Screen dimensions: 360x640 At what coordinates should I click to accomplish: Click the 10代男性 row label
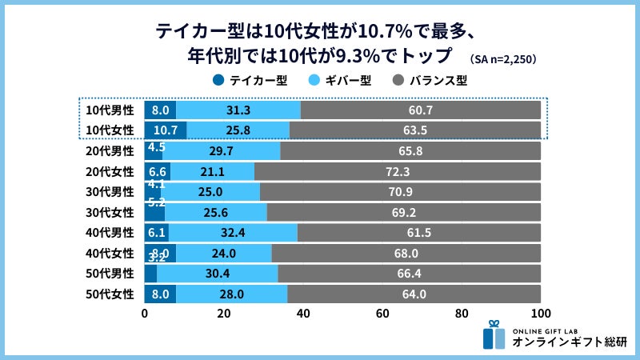click(x=110, y=110)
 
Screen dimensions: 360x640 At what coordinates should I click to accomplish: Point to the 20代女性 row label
click(x=110, y=171)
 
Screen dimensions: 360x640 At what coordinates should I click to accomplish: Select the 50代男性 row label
click(x=110, y=273)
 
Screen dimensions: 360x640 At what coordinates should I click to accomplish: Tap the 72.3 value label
click(x=398, y=171)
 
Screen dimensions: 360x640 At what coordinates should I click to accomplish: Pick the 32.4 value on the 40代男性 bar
click(x=232, y=232)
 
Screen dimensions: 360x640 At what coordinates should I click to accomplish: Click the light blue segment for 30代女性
click(x=216, y=212)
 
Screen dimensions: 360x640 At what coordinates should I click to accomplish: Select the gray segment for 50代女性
click(x=414, y=294)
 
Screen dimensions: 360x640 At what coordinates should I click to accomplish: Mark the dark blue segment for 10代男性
click(x=160, y=110)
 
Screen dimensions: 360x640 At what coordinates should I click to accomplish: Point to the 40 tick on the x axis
click(x=303, y=313)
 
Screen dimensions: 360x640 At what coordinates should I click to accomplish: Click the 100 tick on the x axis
click(x=541, y=313)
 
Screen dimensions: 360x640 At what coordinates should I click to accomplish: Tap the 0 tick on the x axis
click(x=145, y=313)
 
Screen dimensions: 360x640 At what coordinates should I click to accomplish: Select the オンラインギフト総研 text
click(x=570, y=342)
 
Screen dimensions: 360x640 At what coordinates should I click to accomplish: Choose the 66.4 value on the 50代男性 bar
click(x=410, y=273)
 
